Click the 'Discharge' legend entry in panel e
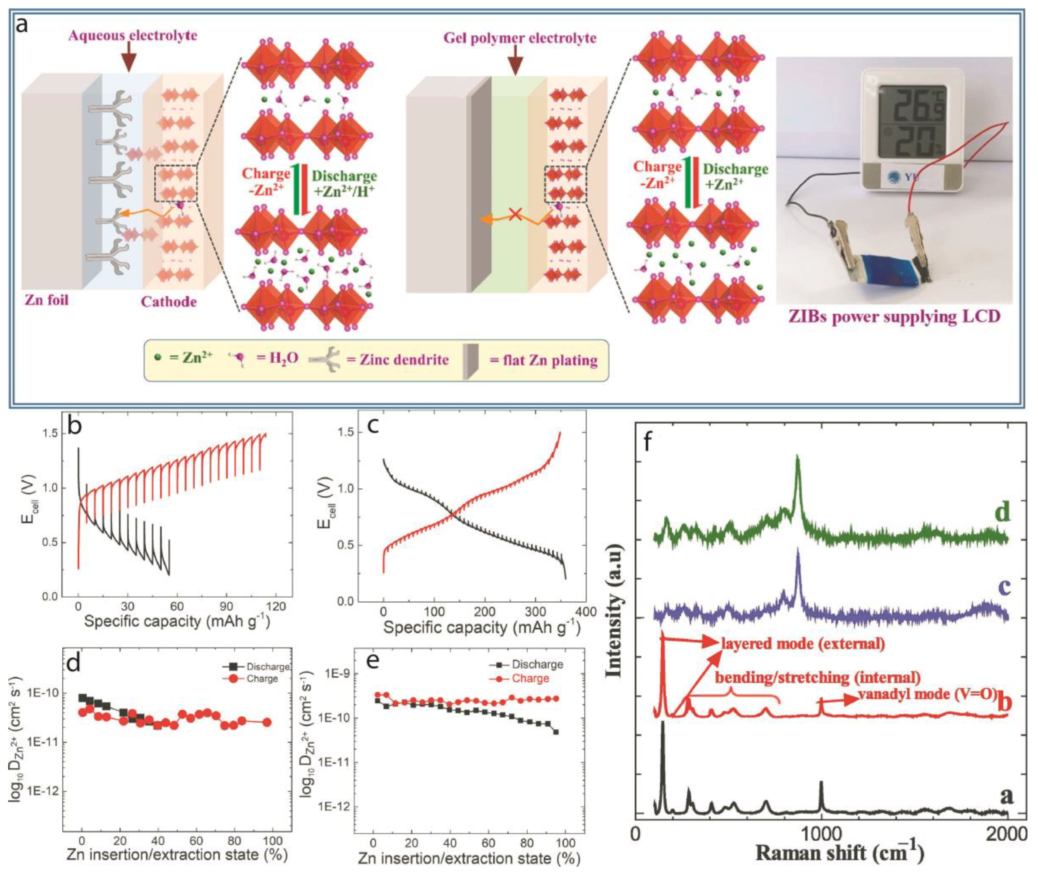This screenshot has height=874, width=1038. coord(537,664)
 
